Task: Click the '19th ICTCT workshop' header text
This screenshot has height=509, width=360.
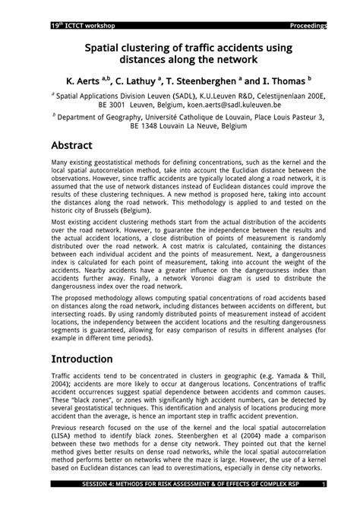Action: click(67, 26)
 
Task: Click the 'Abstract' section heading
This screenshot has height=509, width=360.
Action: click(71, 145)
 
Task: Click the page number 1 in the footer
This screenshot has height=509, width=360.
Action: click(324, 504)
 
